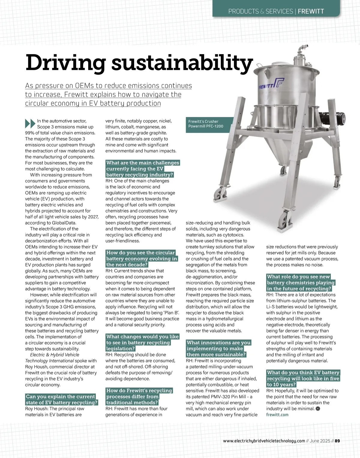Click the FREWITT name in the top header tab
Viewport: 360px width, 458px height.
pyautogui.click(x=311, y=12)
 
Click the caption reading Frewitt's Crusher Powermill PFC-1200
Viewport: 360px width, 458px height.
pyautogui.click(x=205, y=124)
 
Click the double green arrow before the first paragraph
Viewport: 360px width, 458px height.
pyautogui.click(x=30, y=123)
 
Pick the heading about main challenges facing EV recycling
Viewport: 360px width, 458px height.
pyautogui.click(x=142, y=169)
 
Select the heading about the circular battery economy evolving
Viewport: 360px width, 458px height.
pyautogui.click(x=141, y=259)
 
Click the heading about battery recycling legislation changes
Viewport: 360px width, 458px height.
pyautogui.click(x=142, y=342)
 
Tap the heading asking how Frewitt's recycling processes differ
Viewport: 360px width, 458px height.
pyautogui.click(x=139, y=396)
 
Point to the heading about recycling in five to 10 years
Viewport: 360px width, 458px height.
pyautogui.click(x=303, y=378)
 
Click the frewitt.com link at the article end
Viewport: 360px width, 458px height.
pyautogui.click(x=277, y=414)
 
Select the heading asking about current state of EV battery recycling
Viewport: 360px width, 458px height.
pyautogui.click(x=61, y=399)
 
